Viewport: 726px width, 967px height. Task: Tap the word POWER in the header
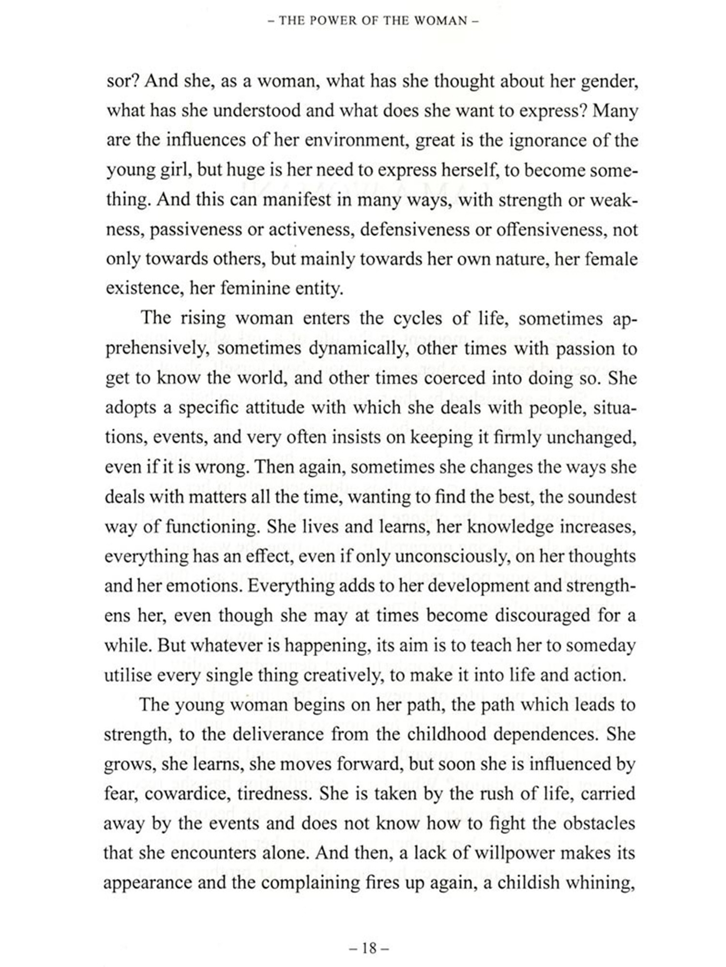pyautogui.click(x=344, y=21)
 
